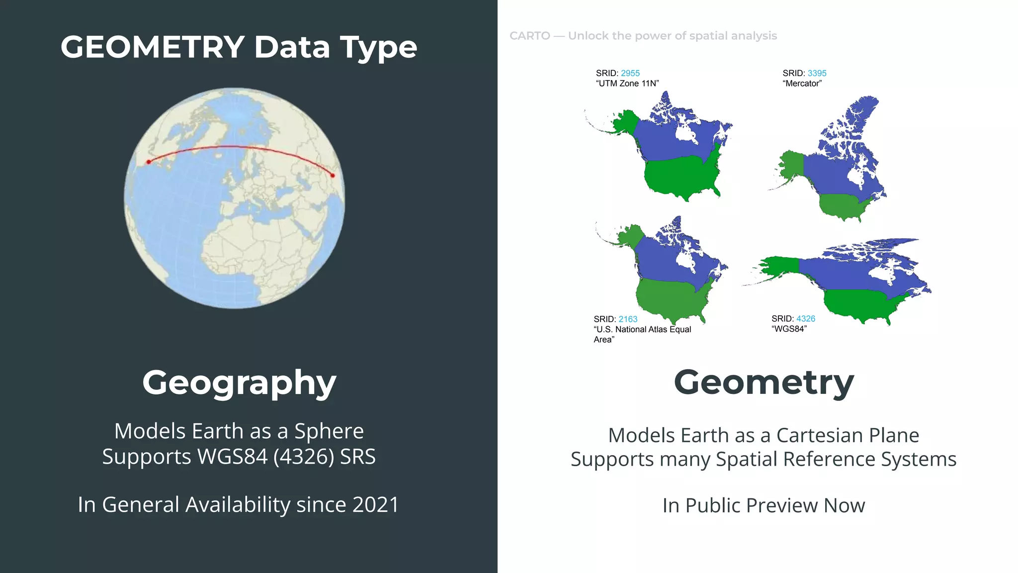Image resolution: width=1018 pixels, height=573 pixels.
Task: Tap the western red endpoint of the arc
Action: pos(149,162)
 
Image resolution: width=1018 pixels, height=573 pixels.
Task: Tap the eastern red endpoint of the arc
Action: pos(333,175)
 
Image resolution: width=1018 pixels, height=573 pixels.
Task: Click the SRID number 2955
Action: pos(630,73)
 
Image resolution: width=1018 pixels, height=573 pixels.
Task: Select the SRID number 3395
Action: pos(817,73)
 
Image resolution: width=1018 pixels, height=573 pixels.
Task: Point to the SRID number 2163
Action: pos(628,319)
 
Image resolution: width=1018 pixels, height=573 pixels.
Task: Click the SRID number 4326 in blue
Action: pos(805,319)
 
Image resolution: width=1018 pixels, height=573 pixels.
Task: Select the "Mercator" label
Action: pos(802,84)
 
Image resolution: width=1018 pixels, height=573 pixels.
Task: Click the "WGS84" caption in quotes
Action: pos(789,329)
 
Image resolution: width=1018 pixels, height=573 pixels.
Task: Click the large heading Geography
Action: pos(239,382)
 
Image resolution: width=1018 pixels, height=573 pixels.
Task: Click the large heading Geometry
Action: pos(763,382)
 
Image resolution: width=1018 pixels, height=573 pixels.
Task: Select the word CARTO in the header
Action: pos(530,36)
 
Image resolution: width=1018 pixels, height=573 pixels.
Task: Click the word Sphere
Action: pos(329,431)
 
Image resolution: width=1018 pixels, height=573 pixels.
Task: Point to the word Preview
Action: pos(783,506)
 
